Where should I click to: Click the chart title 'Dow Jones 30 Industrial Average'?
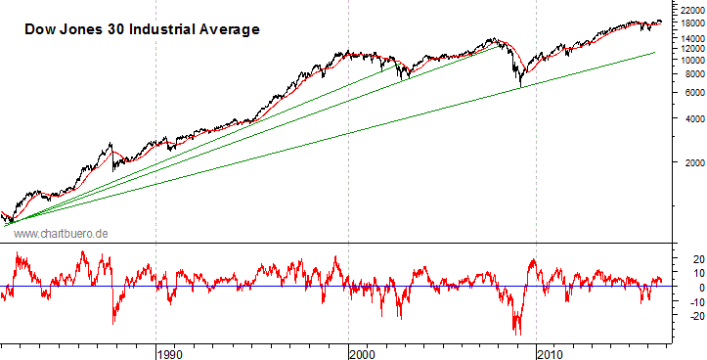[141, 30]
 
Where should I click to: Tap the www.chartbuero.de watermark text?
[61, 233]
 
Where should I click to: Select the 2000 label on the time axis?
[362, 352]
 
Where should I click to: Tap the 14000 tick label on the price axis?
[688, 38]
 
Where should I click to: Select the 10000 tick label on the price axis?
[688, 60]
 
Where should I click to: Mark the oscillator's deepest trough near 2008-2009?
[519, 333]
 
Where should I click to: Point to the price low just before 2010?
[520, 86]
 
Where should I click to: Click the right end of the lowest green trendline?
[654, 52]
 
